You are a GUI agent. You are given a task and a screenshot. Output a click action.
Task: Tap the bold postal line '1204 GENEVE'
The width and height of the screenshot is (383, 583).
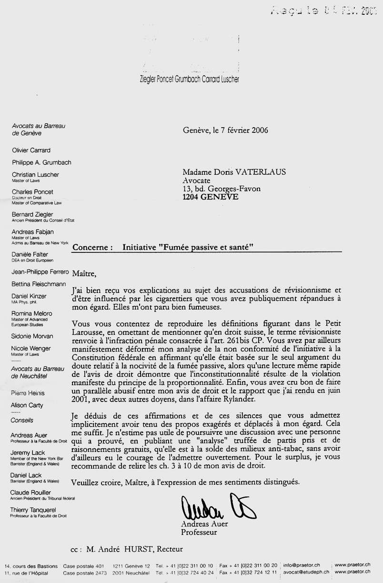[x=211, y=197]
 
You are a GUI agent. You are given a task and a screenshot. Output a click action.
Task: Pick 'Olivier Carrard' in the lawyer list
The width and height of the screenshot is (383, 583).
[x=31, y=150]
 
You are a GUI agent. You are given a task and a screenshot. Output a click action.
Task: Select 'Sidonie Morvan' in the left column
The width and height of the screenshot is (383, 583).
[x=32, y=336]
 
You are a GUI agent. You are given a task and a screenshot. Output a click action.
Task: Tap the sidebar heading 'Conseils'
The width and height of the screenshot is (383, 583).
[x=22, y=420]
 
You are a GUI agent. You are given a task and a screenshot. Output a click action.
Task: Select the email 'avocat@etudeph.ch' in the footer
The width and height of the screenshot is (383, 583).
[x=306, y=573]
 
